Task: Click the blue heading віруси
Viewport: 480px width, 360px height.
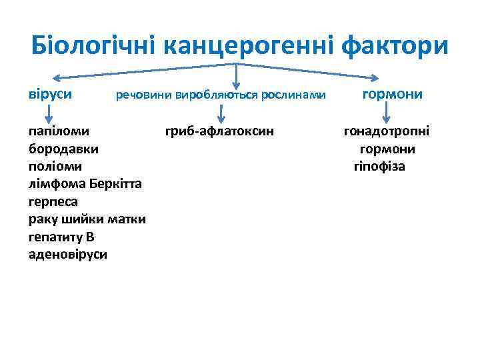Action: (51, 95)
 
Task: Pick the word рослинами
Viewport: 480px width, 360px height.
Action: (294, 96)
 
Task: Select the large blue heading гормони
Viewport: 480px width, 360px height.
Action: (393, 94)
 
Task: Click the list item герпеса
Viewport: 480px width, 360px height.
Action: (54, 201)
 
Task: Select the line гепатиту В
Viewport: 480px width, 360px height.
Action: (62, 237)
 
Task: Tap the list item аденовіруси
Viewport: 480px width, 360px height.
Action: (68, 255)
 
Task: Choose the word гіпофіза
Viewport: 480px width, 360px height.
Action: (379, 166)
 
